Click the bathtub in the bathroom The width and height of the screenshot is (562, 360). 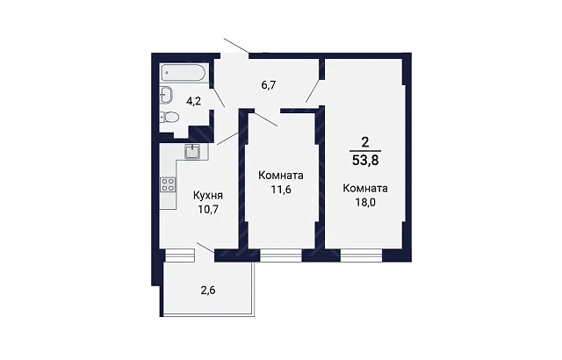click(184, 73)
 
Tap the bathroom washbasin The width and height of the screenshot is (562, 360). click(167, 95)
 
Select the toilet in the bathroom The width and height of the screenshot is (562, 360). click(169, 117)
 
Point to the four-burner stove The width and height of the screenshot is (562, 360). click(168, 185)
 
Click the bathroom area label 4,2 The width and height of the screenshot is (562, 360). click(193, 101)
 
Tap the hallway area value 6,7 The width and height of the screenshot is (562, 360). click(269, 86)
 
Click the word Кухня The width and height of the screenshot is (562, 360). click(208, 195)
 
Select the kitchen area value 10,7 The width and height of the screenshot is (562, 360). click(208, 209)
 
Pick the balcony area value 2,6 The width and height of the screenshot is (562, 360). click(208, 290)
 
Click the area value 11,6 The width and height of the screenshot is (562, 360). click(281, 189)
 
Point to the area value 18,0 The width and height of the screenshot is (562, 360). click(365, 202)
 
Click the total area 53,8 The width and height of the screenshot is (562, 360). click(365, 160)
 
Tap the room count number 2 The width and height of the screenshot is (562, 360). click(365, 142)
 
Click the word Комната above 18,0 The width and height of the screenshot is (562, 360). click(365, 189)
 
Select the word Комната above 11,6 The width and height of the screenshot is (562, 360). click(281, 176)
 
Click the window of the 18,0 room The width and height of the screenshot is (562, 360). click(361, 256)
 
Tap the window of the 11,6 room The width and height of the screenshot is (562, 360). click(281, 256)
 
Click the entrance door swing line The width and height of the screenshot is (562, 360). click(236, 46)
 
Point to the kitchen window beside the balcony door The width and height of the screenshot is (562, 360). click(180, 256)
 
